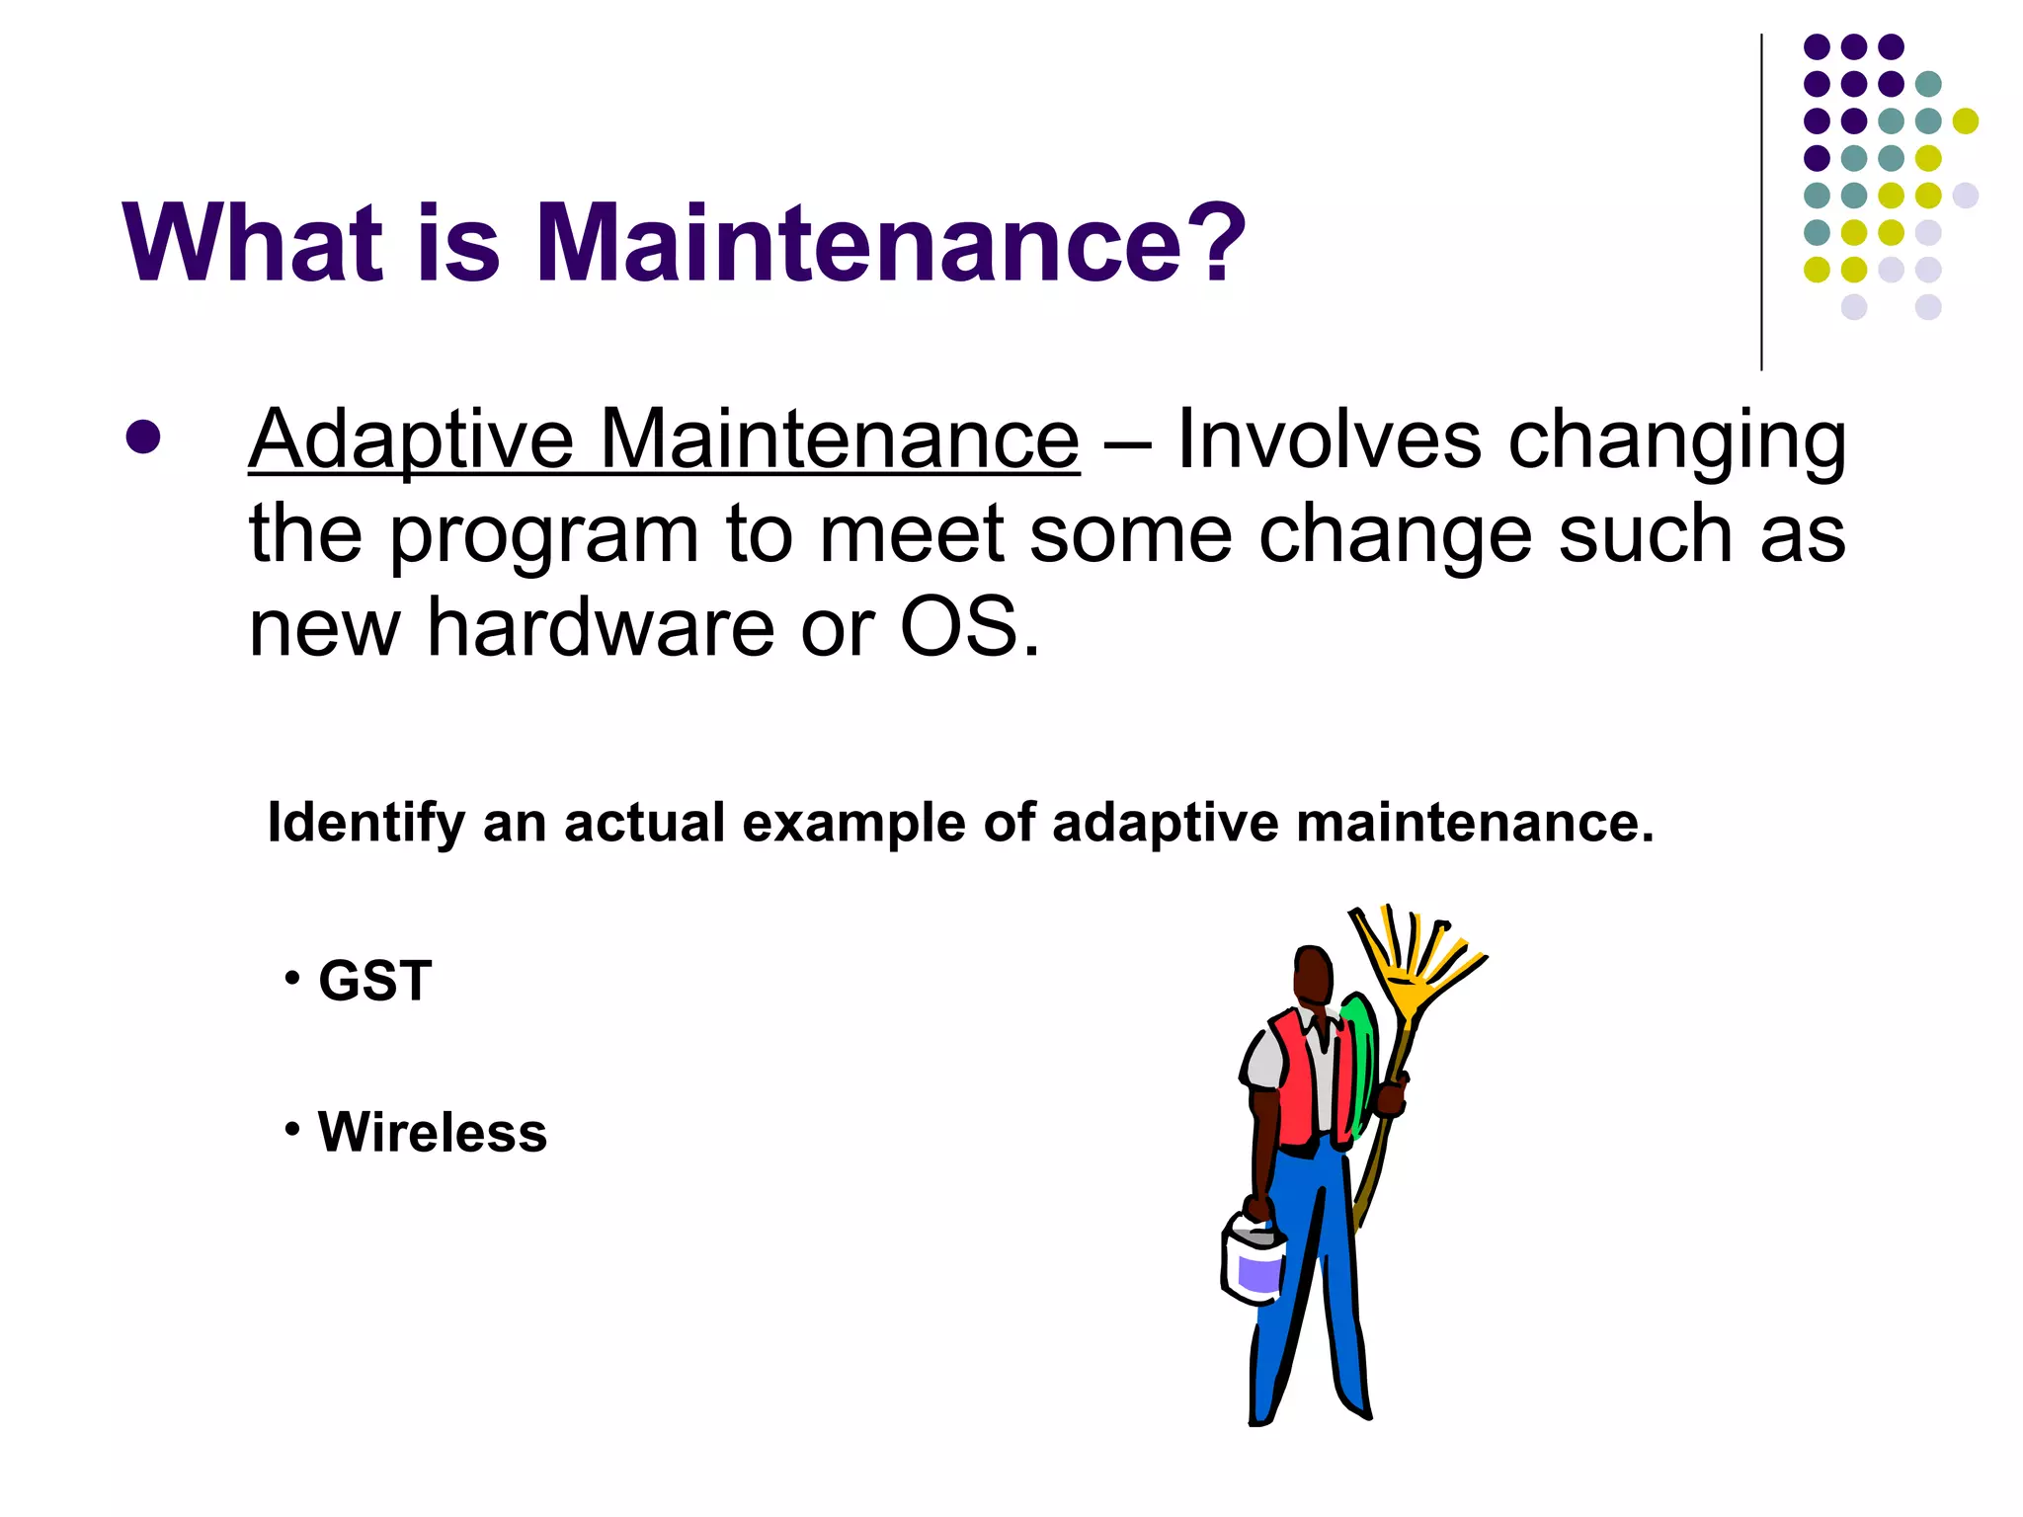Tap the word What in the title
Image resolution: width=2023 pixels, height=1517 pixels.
coord(252,243)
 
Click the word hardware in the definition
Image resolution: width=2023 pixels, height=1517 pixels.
coord(601,628)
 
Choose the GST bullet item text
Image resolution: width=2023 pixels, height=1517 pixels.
coord(375,981)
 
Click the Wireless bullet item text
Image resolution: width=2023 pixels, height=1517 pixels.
coord(432,1132)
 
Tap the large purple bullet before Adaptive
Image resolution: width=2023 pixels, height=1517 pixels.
coord(143,438)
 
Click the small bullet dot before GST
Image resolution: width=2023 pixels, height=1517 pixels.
coord(291,979)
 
